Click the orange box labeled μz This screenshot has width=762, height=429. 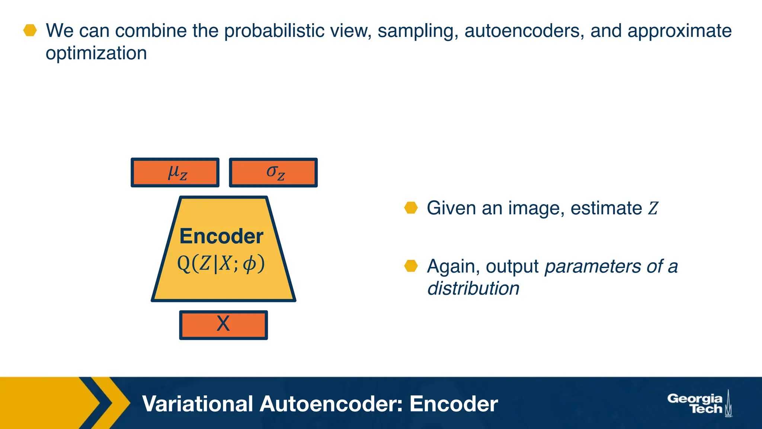(175, 172)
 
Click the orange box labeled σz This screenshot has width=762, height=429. (273, 172)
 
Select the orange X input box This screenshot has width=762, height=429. (223, 325)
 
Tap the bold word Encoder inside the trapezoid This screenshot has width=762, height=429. (221, 236)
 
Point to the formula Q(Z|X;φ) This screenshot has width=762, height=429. (221, 264)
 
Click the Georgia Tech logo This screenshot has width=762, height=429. (699, 404)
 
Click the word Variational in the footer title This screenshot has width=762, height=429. (198, 404)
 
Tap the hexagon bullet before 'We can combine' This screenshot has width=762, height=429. (30, 31)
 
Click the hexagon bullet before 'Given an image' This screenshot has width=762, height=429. (411, 208)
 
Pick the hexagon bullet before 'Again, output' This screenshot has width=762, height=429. (411, 266)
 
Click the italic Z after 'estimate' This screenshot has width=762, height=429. (653, 208)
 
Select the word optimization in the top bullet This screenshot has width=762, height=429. (96, 53)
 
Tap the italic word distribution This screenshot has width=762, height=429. (473, 288)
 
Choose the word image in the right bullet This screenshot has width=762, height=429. (536, 208)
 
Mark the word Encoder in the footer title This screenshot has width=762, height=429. (454, 404)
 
